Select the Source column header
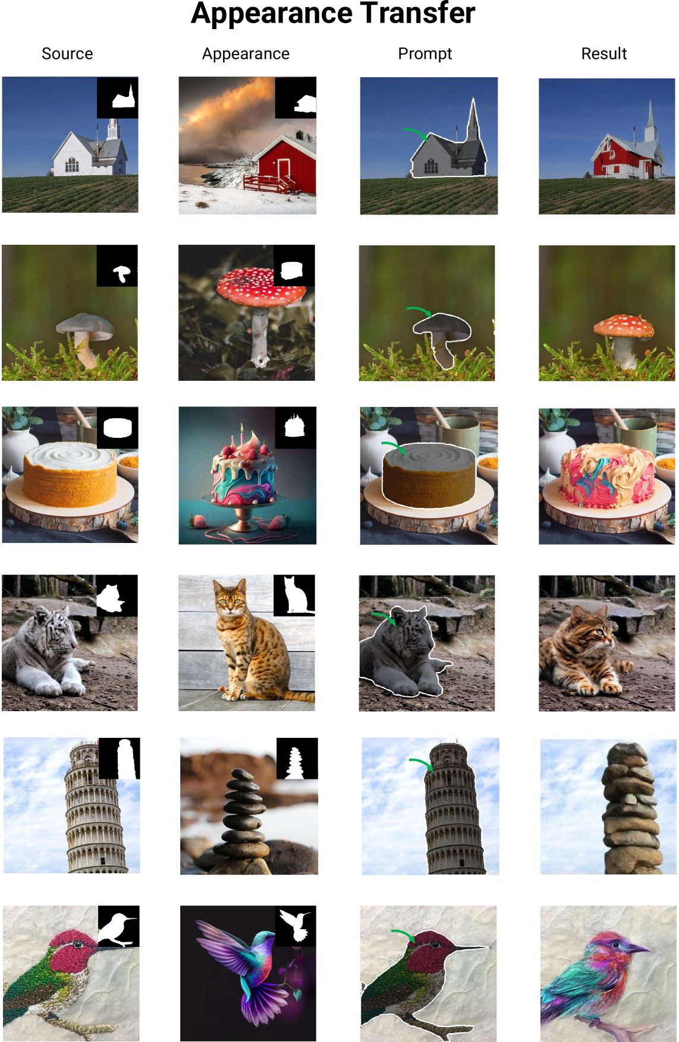pos(67,54)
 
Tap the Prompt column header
pos(425,54)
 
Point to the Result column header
pos(603,54)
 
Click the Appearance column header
pos(246,54)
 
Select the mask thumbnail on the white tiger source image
pos(117,595)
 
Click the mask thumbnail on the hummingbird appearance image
pos(296,926)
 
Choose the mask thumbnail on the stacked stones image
pos(297,758)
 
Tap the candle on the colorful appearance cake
pos(242,434)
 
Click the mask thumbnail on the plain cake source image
pos(117,428)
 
